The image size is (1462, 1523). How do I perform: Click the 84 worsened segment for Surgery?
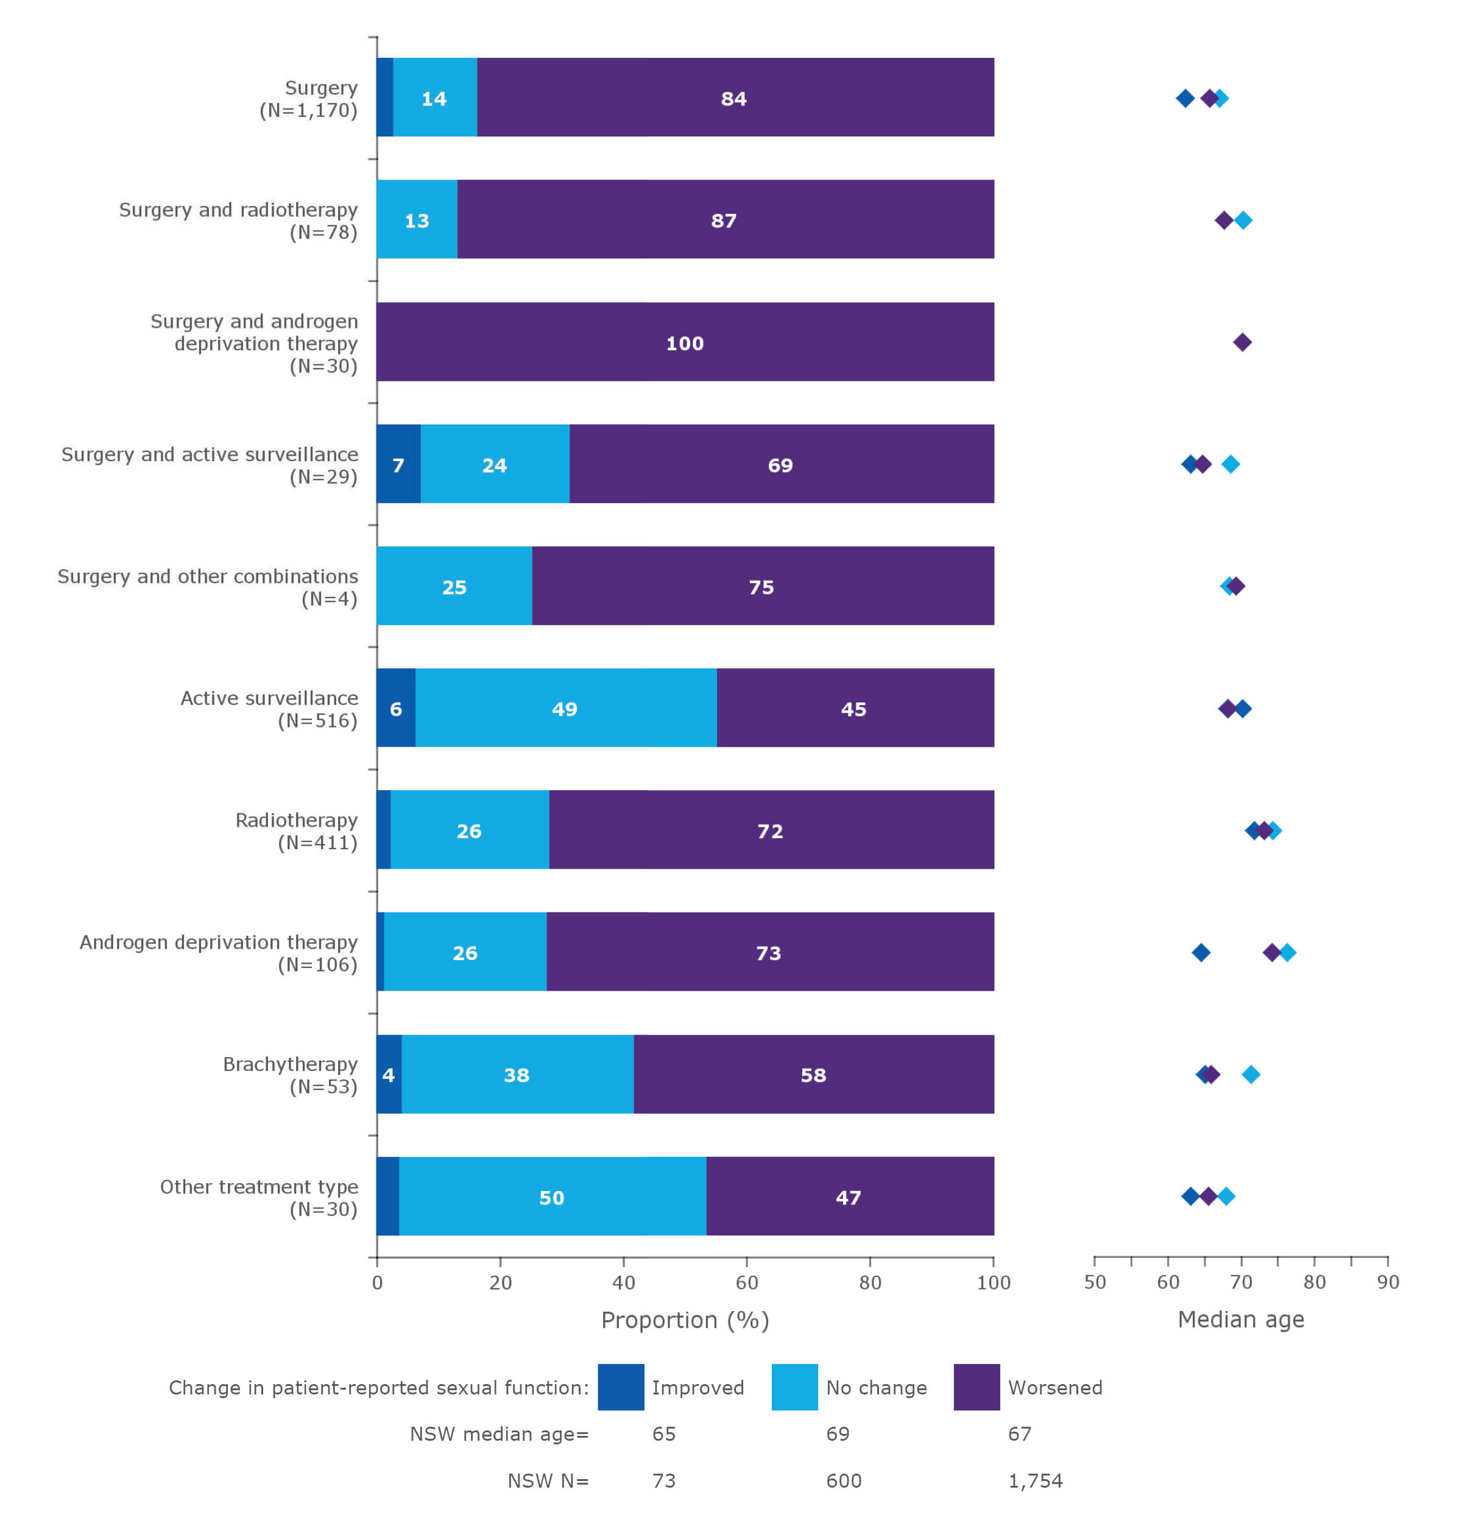tap(734, 98)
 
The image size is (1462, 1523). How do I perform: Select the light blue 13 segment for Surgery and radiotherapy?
tap(417, 220)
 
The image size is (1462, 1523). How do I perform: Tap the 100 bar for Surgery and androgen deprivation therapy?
tap(684, 342)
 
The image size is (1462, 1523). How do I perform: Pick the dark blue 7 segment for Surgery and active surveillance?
tap(398, 465)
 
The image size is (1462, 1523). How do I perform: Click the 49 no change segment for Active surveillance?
tap(565, 708)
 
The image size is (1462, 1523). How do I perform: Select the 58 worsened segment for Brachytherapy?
tap(813, 1075)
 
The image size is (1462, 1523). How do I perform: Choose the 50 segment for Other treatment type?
tap(551, 1196)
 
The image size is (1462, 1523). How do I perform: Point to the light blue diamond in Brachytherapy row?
tap(1251, 1075)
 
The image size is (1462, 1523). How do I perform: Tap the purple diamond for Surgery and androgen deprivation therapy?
tap(1242, 342)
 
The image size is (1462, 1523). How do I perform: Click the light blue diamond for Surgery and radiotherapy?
tap(1243, 221)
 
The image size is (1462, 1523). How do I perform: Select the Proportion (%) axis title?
tap(684, 1320)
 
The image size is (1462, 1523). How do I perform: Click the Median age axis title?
tap(1241, 1320)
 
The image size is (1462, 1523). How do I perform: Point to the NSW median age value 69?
tap(838, 1433)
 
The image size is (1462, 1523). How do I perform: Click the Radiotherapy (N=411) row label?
tap(296, 832)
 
